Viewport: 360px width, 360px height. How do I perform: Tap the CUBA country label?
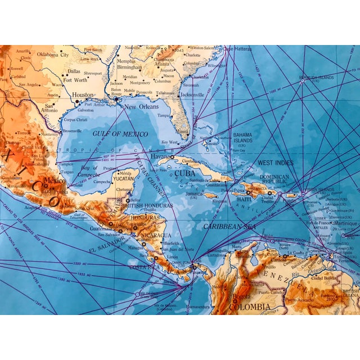tap(184, 173)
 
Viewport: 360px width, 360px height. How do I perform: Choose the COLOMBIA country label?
tap(249, 307)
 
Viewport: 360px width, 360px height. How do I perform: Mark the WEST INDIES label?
tap(276, 163)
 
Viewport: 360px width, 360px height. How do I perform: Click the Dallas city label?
tap(74, 71)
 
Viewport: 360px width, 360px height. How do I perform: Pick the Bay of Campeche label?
tap(90, 170)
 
